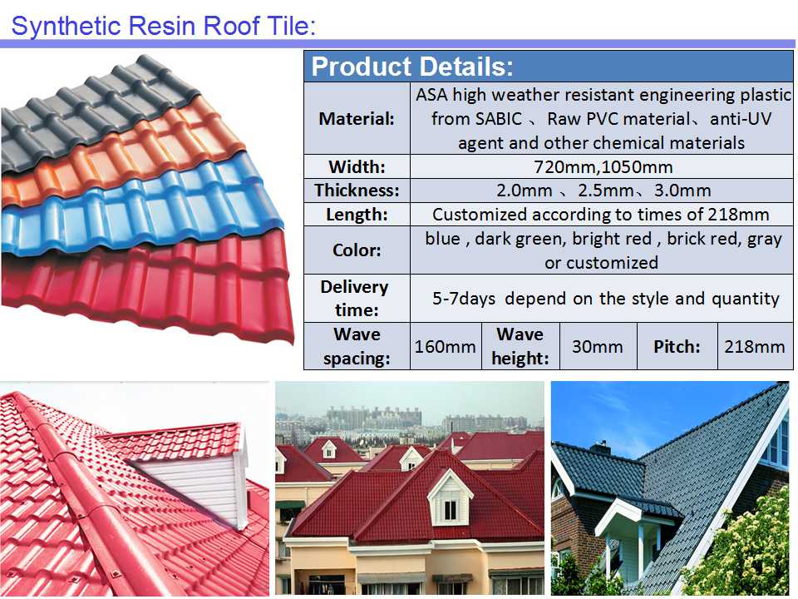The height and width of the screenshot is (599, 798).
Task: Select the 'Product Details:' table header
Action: click(x=412, y=67)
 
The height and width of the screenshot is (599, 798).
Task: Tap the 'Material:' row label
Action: click(x=357, y=118)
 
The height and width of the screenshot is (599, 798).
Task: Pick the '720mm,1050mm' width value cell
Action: click(x=602, y=166)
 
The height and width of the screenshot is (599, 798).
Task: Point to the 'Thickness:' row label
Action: click(x=357, y=191)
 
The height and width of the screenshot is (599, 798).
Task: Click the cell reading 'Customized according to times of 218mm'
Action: click(x=602, y=215)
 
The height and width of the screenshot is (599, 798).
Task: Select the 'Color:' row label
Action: click(x=357, y=250)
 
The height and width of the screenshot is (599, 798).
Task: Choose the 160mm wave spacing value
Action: click(x=446, y=346)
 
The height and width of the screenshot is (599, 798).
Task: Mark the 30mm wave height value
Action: click(x=597, y=346)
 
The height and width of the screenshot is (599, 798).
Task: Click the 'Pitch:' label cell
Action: click(x=676, y=346)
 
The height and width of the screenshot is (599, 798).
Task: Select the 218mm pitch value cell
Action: click(x=755, y=346)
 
